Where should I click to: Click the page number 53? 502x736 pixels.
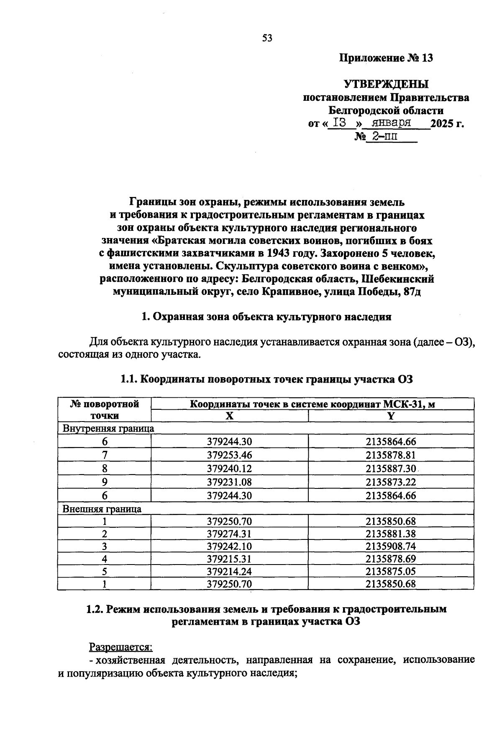point(267,38)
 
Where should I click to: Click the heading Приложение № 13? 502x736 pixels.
point(385,58)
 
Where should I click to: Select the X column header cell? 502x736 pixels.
point(229,416)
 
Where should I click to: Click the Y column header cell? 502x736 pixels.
point(391,416)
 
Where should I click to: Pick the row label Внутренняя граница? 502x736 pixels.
point(108,429)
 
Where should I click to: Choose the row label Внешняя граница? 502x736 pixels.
point(102,509)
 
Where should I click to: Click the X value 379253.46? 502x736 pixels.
point(229,455)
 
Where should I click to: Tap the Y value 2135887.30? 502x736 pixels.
point(391,468)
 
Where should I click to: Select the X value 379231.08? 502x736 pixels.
point(229,482)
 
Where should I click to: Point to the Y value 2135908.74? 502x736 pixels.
point(391,546)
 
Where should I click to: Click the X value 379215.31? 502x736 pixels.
point(229,559)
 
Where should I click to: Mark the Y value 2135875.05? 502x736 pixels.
point(391,571)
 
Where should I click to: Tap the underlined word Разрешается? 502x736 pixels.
point(121,647)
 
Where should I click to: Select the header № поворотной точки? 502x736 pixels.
point(104,410)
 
